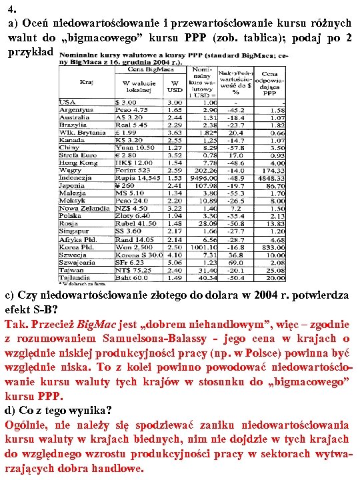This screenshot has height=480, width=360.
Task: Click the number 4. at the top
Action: [x=11, y=9]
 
